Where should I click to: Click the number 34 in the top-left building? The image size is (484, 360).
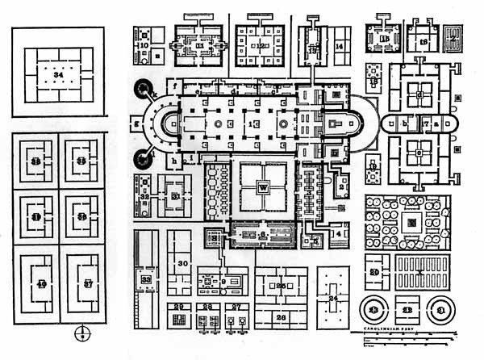click(55, 74)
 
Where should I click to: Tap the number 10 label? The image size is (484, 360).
click(144, 47)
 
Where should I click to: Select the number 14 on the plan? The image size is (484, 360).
click(340, 48)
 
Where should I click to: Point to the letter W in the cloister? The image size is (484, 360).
click(262, 187)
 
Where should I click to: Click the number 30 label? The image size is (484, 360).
click(182, 264)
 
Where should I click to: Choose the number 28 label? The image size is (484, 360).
click(207, 307)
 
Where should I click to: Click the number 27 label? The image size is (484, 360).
click(236, 307)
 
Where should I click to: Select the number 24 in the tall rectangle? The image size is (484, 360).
click(332, 298)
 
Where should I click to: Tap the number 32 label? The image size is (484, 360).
click(144, 195)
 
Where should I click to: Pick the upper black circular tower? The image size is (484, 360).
click(147, 87)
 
